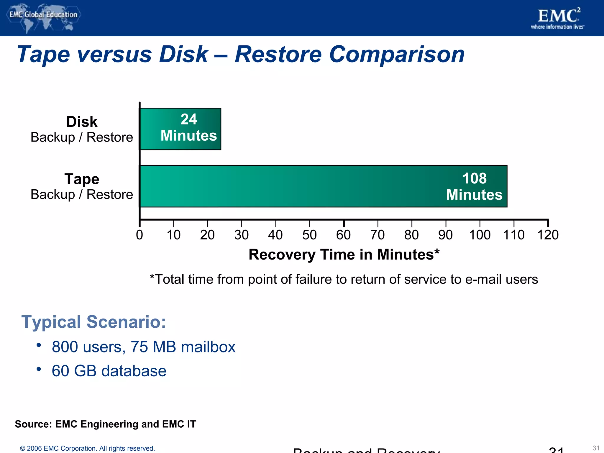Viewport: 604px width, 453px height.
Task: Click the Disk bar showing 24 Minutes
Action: pos(180,129)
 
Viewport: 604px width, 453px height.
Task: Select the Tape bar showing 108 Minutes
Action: pos(323,186)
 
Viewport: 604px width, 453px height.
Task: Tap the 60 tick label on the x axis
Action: pos(343,235)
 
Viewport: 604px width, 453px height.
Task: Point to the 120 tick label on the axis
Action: pos(548,235)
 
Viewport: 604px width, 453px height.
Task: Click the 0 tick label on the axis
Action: pos(139,235)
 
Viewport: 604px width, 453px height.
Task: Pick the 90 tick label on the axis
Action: pos(445,235)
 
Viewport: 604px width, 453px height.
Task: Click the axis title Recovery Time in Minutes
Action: pos(344,254)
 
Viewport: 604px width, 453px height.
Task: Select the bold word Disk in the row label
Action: pos(82,122)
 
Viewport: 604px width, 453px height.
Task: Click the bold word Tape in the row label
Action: pos(82,179)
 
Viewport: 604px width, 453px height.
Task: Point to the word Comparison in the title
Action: pos(397,55)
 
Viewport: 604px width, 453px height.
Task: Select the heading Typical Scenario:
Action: pos(93,321)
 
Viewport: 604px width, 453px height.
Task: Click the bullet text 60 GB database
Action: pos(109,371)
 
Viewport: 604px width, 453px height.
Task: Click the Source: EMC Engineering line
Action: pos(105,424)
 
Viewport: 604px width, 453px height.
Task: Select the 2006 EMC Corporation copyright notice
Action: pos(87,448)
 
